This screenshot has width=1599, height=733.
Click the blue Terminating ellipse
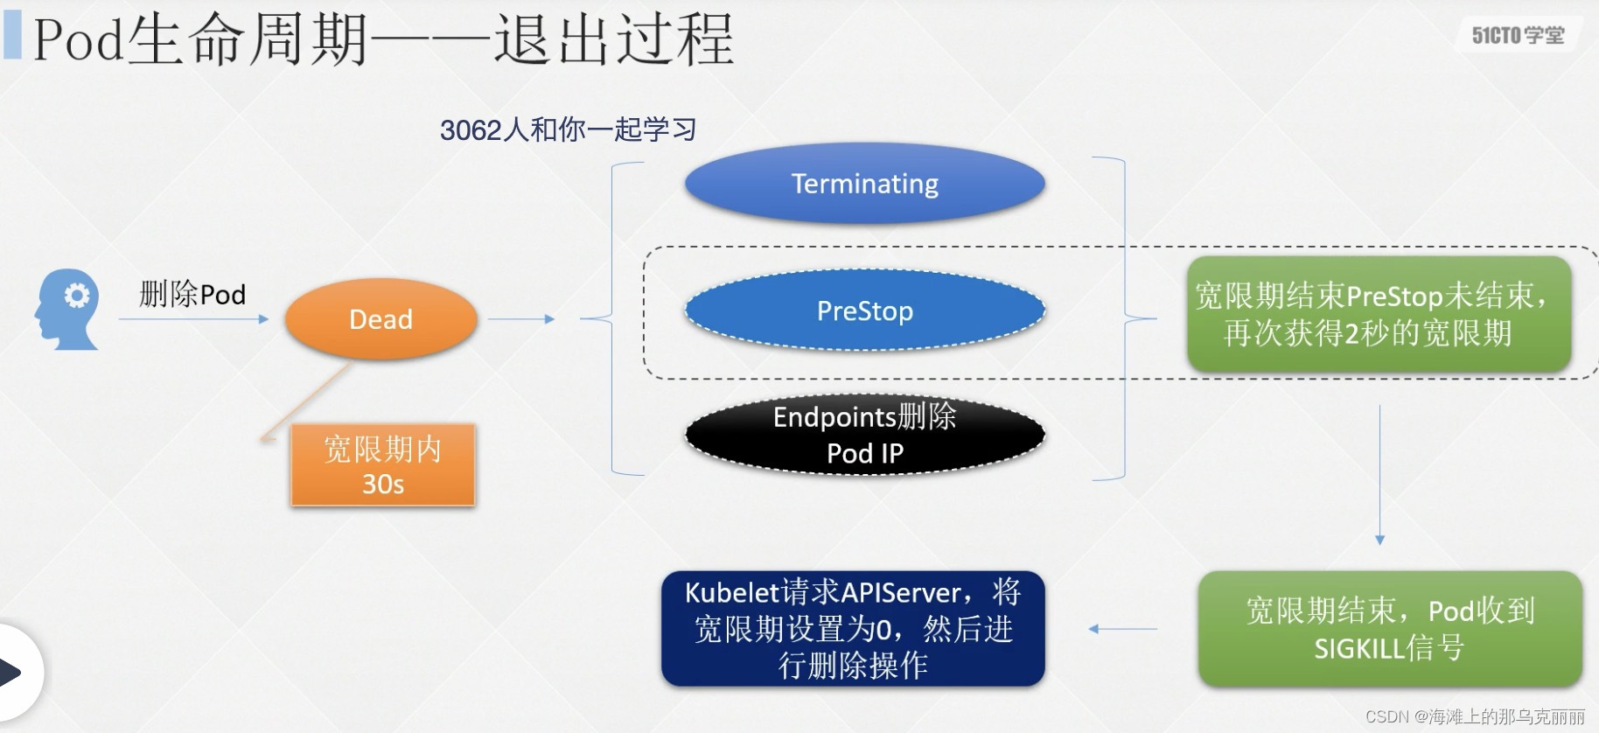tap(864, 184)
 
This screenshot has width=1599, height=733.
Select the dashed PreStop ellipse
tap(864, 311)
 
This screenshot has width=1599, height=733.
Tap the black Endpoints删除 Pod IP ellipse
tap(864, 435)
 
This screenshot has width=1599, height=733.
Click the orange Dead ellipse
tap(381, 319)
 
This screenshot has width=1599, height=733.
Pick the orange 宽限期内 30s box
tap(383, 465)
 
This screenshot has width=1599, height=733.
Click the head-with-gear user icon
tap(68, 309)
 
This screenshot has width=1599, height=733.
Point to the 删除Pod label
tap(192, 294)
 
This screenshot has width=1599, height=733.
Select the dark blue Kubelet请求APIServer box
tap(853, 629)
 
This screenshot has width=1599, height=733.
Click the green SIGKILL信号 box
tap(1389, 629)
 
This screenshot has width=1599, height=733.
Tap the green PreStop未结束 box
tap(1379, 314)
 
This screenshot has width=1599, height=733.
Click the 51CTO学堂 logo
tap(1518, 35)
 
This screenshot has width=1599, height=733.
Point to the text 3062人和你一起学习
tap(568, 129)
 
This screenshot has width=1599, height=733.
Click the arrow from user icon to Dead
tap(192, 319)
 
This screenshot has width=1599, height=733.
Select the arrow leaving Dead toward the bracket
tap(521, 319)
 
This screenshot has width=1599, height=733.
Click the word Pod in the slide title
tap(78, 40)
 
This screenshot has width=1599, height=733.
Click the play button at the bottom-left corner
tap(12, 673)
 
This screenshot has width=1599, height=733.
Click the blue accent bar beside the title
tap(12, 35)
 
